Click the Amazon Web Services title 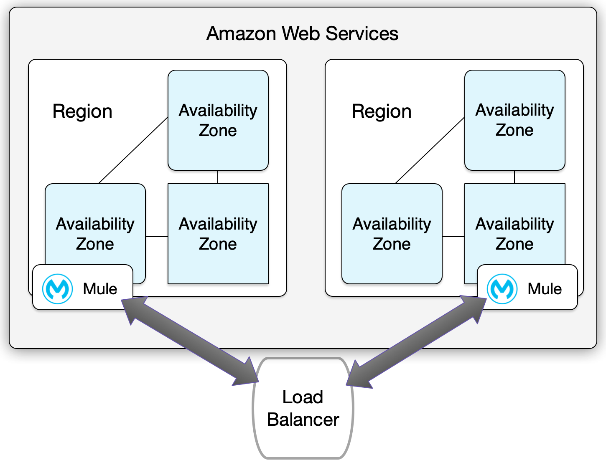(302, 33)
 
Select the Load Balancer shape (303, 408)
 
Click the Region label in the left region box (82, 111)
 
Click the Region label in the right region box (381, 111)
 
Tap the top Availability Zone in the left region (218, 120)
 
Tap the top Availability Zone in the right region (514, 120)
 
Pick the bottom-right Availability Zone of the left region (218, 234)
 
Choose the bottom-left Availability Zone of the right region (392, 234)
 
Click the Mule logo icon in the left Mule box (58, 288)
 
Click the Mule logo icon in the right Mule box (502, 288)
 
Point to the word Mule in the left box (100, 289)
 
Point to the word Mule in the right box (545, 289)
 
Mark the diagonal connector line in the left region (133, 150)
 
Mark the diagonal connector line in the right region (430, 150)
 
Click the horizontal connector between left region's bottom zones (157, 237)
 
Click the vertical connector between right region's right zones (514, 177)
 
